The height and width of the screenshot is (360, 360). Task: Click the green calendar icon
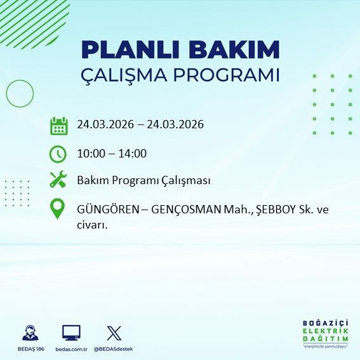58,125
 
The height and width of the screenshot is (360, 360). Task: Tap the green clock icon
58,153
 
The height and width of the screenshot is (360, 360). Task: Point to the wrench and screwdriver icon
58,180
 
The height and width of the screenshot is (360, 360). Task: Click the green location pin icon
58,210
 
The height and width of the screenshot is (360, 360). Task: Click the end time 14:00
133,153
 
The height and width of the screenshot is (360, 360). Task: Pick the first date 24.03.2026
105,124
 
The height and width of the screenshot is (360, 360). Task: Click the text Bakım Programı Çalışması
143,180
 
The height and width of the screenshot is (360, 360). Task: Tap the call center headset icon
29,333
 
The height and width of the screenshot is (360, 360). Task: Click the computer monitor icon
71,332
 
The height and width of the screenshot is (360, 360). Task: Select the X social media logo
114,332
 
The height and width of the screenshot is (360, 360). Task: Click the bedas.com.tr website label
70,349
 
